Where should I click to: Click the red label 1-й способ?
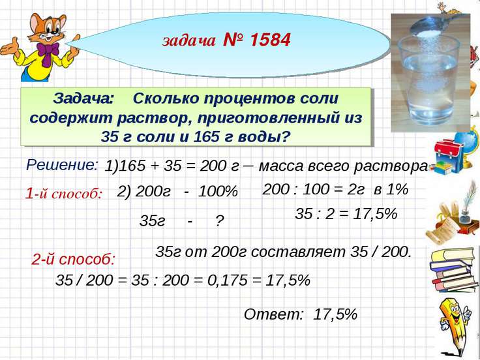[64, 193]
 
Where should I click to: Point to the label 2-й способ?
[73, 259]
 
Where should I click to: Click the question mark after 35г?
[219, 221]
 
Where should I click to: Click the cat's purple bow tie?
[47, 49]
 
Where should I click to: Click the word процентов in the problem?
[258, 99]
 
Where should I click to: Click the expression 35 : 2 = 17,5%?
[346, 215]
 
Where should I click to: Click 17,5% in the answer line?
[335, 314]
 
